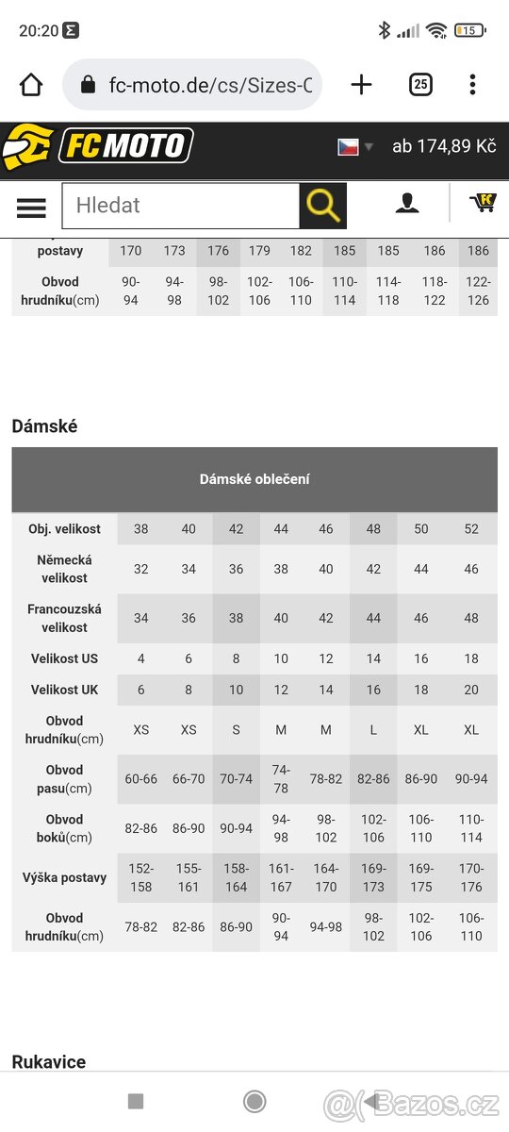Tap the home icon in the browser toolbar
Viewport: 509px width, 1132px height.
31,85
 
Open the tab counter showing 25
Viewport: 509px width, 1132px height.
420,85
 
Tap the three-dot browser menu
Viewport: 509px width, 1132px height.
472,85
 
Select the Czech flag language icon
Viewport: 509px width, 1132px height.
349,147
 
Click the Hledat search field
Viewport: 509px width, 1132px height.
181,206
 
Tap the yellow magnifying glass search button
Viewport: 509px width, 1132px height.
322,206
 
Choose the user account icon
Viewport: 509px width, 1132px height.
407,203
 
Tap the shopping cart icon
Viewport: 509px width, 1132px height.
483,202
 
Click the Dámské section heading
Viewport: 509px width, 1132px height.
44,426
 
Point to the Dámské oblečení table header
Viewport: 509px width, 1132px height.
254,479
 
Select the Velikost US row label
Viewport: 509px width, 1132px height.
64,658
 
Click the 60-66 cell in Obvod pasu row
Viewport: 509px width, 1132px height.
140,779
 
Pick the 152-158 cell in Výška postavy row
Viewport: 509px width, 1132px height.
140,877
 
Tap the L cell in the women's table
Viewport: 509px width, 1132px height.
373,729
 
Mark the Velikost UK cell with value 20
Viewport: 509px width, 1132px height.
471,690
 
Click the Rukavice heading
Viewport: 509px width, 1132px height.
48,1062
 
